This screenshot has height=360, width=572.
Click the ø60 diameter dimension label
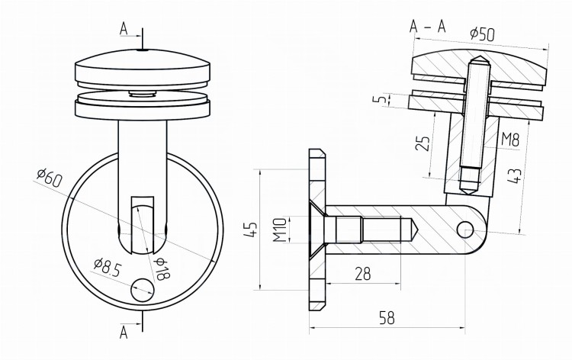click(50, 178)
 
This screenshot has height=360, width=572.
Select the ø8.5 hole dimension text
click(107, 268)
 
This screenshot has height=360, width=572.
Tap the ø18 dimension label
click(162, 268)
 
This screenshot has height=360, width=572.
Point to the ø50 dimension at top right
click(482, 34)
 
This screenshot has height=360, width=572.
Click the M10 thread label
click(280, 230)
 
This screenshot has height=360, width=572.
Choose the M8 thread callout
click(510, 140)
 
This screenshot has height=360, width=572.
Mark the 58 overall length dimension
click(387, 318)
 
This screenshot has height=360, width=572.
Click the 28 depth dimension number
click(362, 274)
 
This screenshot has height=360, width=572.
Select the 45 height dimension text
click(251, 229)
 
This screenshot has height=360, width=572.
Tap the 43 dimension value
click(513, 176)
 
